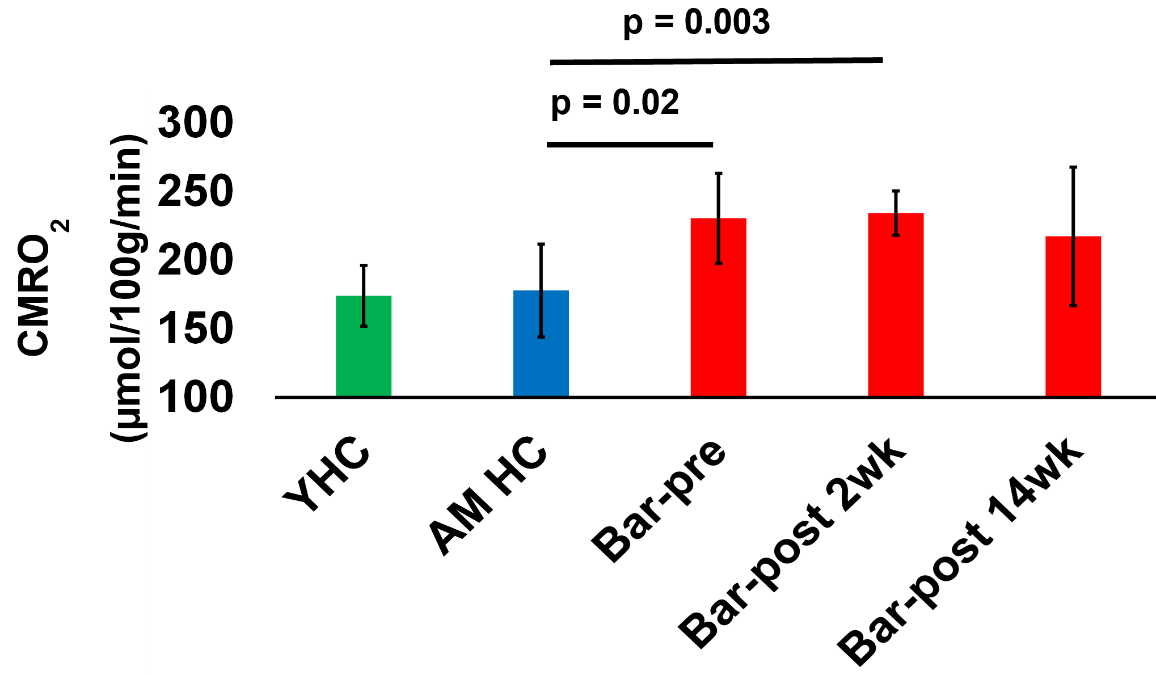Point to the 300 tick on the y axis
coord(195,123)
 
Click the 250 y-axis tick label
coord(195,192)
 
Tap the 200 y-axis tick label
coord(195,260)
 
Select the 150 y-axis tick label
coord(195,329)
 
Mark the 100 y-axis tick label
coord(195,397)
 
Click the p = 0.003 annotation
coord(696,23)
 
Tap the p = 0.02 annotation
coord(615,103)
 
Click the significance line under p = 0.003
coord(716,61)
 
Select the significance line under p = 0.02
coord(630,145)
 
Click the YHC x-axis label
coord(327,474)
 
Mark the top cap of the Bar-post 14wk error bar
coord(1073,167)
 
